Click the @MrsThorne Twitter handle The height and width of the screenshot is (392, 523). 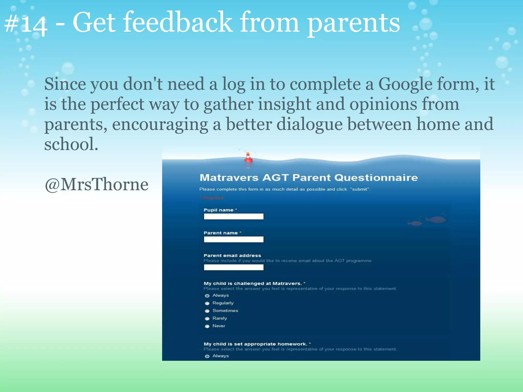point(97,184)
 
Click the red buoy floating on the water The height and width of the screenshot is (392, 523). point(248,158)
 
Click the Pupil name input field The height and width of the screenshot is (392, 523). point(233,217)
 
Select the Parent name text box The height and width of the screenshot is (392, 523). point(233,239)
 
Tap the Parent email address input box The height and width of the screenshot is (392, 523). point(233,267)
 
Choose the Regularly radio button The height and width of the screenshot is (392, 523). point(207,303)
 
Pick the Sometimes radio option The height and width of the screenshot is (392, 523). point(207,311)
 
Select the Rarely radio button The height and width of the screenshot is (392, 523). point(207,318)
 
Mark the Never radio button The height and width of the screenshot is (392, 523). point(207,326)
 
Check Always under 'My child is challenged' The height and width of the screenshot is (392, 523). point(207,296)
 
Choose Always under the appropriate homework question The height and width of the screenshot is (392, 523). point(207,356)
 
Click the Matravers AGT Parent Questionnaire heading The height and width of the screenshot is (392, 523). point(308,178)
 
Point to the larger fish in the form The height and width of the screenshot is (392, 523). point(437,219)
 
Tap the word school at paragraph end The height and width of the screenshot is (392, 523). point(71,144)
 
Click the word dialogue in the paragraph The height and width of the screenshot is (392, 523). point(309,124)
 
